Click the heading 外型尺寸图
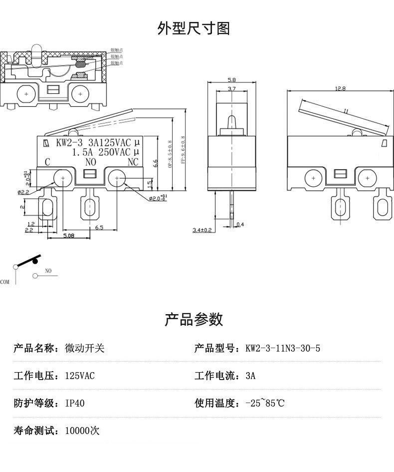pos(194,28)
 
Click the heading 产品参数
pos(194,319)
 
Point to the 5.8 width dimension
pos(231,80)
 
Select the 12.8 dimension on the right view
pos(340,88)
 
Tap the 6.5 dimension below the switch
pos(99,227)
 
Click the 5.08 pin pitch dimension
pos(69,235)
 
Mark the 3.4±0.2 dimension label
pos(202,230)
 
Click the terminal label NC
pos(133,162)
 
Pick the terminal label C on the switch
pos(47,162)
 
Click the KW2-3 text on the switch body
pos(66,142)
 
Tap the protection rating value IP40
pos(75,403)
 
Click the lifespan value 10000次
pos(82,431)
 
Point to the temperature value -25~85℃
pos(265,403)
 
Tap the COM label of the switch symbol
pos(5,282)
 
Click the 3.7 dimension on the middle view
pos(231,89)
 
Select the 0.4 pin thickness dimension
pos(241,224)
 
